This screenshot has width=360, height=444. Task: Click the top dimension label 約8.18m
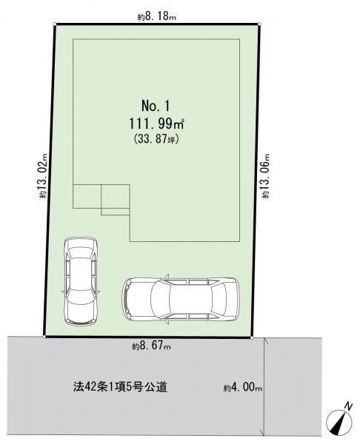coord(157,17)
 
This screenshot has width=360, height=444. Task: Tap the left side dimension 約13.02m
coord(44,175)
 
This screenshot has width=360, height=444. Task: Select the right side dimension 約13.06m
coord(266,176)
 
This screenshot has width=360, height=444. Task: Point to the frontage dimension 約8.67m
coord(151,346)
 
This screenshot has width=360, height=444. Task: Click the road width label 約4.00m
coord(243,388)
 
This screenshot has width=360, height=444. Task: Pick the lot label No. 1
coord(156,106)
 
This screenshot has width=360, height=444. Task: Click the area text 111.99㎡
coord(157,124)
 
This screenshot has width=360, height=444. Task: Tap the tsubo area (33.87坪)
coord(156,139)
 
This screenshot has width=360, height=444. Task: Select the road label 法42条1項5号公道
coord(120,387)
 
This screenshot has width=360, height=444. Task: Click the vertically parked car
coord(81,281)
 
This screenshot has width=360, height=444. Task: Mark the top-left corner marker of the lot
coord(54,24)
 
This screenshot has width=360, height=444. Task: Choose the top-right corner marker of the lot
coord(260,24)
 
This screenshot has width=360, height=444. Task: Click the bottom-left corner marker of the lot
coord(44,337)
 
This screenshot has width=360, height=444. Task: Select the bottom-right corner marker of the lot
coord(252,337)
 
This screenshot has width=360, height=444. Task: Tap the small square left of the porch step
coord(87,197)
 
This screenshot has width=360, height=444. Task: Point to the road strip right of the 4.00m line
coord(293,386)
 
